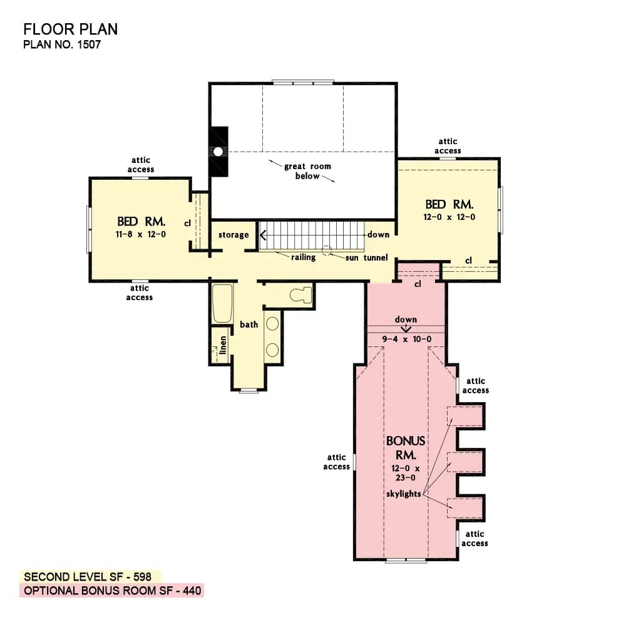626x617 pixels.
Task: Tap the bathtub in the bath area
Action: tap(222, 303)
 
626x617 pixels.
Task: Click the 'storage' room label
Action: tap(233, 235)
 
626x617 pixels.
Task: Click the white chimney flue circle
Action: tap(218, 152)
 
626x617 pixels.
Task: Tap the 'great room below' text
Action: tap(307, 171)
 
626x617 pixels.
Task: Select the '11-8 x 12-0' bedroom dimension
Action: tap(141, 234)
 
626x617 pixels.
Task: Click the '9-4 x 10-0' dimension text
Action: tap(406, 340)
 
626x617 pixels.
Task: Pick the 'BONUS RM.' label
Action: tap(406, 447)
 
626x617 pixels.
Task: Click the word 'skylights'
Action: tap(404, 494)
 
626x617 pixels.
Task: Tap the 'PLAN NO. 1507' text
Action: tap(61, 44)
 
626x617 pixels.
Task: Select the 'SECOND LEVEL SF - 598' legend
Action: tap(91, 576)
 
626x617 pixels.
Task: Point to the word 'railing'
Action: tap(303, 257)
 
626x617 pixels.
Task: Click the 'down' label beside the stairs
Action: tap(379, 234)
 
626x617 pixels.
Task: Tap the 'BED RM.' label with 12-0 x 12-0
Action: tap(449, 204)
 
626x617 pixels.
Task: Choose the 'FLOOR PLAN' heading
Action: tap(70, 29)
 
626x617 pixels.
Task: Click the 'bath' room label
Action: tap(249, 324)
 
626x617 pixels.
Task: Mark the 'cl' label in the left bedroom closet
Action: tap(187, 222)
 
